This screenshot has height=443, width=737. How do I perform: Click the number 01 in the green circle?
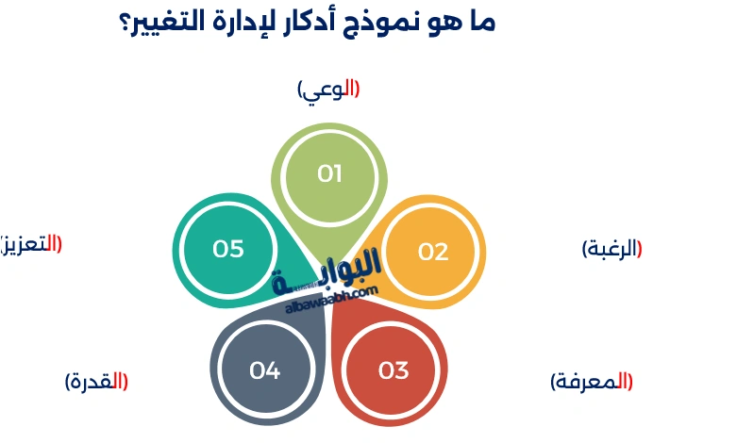pyautogui.click(x=329, y=173)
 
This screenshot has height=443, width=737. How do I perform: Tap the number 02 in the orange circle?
pyautogui.click(x=433, y=252)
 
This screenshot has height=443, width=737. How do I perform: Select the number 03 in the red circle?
pyautogui.click(x=394, y=370)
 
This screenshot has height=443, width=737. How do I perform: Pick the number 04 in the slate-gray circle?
pyautogui.click(x=265, y=370)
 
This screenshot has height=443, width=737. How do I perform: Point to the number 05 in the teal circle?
pyautogui.click(x=228, y=249)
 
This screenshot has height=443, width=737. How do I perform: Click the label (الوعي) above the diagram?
pyautogui.click(x=328, y=90)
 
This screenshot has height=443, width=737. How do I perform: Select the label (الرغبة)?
pyautogui.click(x=611, y=249)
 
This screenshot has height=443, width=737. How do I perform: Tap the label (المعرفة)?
pyautogui.click(x=592, y=382)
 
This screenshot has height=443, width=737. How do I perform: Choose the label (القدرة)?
pyautogui.click(x=96, y=382)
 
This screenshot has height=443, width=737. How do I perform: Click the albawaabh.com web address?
pyautogui.click(x=330, y=300)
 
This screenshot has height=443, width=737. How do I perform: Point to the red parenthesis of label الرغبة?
pyautogui.click(x=640, y=249)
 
